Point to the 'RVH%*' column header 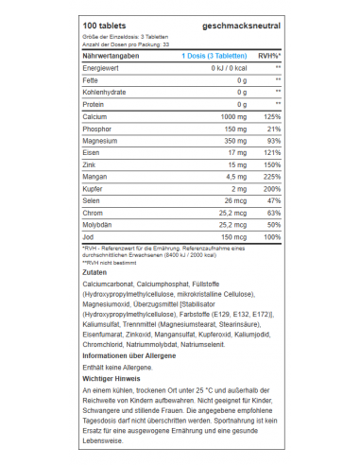coord(267,57)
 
